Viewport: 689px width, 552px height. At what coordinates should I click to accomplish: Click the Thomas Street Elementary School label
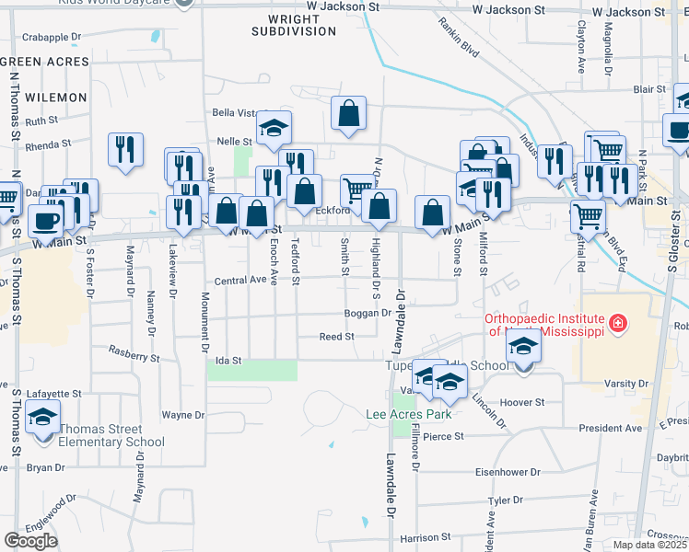tap(99, 435)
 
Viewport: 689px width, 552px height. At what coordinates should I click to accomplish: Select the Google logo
tap(30, 541)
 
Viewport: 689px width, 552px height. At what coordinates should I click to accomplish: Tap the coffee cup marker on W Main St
tap(46, 220)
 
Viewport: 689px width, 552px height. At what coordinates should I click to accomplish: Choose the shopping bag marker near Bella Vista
tap(349, 114)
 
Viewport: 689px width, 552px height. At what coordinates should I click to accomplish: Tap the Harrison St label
tap(425, 536)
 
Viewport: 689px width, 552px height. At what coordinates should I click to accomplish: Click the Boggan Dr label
tap(368, 313)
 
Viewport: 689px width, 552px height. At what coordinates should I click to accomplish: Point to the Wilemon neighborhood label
tap(56, 96)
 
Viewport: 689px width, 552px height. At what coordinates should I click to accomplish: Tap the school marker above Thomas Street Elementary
tap(43, 417)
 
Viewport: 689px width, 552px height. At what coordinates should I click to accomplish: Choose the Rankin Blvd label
tap(458, 37)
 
